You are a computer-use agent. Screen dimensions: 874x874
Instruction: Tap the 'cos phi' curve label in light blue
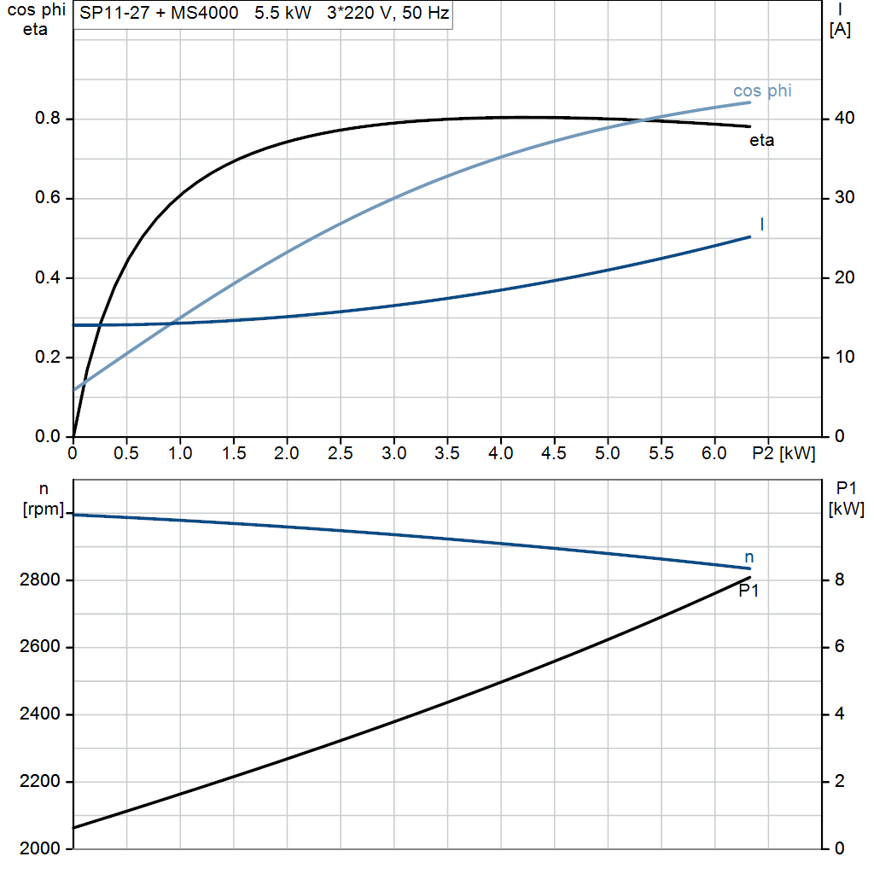tap(762, 91)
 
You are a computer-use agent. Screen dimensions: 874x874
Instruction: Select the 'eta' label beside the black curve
tap(761, 141)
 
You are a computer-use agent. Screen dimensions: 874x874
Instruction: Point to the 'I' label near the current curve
tap(761, 224)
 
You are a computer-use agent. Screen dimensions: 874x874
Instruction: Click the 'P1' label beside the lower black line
tap(749, 591)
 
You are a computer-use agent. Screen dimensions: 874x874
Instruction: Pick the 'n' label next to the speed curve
tap(749, 557)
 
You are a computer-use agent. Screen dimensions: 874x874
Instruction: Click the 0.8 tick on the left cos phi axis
tap(47, 119)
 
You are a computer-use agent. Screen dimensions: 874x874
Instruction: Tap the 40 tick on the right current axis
tap(843, 119)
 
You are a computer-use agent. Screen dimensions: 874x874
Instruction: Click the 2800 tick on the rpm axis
tap(40, 580)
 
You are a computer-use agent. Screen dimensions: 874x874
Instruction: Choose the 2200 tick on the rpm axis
tap(40, 782)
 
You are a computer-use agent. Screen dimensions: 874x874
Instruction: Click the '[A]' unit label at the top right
tap(841, 30)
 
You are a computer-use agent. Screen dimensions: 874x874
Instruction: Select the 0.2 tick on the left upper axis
tap(47, 358)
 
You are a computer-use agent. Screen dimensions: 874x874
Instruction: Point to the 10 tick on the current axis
tap(843, 358)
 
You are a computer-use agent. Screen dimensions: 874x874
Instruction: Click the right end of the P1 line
tap(749, 578)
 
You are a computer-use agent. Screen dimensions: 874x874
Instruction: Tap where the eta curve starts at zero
tap(74, 435)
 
